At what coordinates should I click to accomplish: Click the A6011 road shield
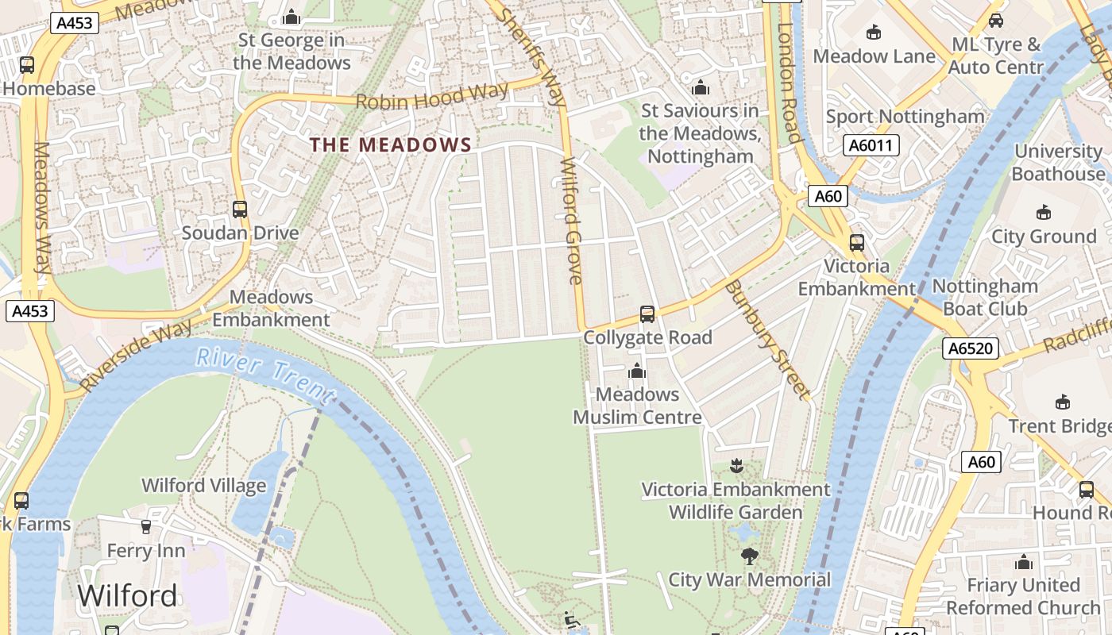coord(871,145)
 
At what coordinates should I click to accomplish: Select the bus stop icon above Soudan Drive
coord(239,210)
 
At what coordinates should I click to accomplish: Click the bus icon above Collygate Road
coord(647,314)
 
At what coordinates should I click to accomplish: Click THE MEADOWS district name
coord(391,144)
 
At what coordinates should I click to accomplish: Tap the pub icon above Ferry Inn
coord(146,526)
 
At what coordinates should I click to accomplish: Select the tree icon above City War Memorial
coord(749,556)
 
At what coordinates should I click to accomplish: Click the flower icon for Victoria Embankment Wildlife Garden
coord(736,465)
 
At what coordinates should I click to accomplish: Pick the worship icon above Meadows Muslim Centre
coord(636,371)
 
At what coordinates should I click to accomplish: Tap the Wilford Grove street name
coord(573,220)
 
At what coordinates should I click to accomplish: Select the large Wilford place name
coord(127,595)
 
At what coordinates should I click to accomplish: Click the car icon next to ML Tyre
coord(996,21)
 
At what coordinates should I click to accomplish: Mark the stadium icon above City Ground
coord(1044,212)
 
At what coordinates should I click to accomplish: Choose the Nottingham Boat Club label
coord(985,297)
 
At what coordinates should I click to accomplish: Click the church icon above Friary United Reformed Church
coord(1024,562)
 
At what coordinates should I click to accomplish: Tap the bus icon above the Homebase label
coord(27,65)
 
